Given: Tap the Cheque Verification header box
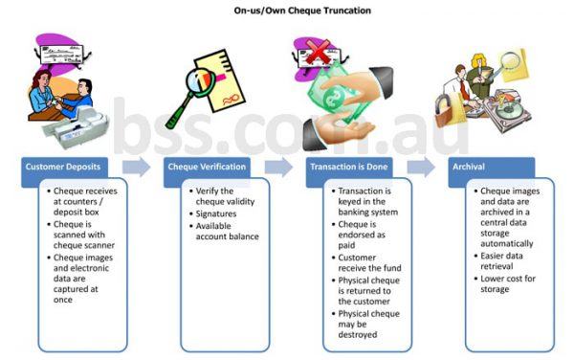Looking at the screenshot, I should (207, 168).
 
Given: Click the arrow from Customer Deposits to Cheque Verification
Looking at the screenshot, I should (136, 168).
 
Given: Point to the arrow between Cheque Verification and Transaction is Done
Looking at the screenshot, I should (278, 168).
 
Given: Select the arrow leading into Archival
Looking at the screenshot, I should (420, 168).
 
